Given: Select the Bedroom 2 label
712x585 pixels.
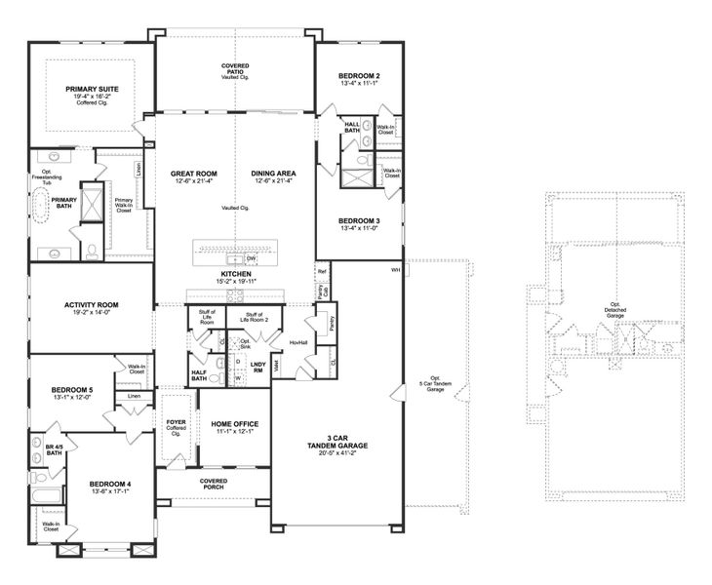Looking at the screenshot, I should pos(359,76).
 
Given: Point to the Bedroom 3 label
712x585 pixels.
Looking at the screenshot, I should pos(359,221).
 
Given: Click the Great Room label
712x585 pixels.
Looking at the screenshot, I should pos(194,174).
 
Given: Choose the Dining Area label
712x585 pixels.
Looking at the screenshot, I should pos(273,174).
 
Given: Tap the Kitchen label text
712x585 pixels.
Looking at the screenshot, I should pos(235,276).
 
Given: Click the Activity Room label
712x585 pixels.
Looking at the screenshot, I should pos(91,305).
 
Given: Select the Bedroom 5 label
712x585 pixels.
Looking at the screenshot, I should pos(72,390).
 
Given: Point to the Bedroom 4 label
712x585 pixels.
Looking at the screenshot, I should pos(110,485).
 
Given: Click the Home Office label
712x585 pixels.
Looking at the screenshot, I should pos(234,424).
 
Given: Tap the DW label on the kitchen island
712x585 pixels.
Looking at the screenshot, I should pos(252,258).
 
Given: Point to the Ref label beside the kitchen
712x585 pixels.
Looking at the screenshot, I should pos(322,272).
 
